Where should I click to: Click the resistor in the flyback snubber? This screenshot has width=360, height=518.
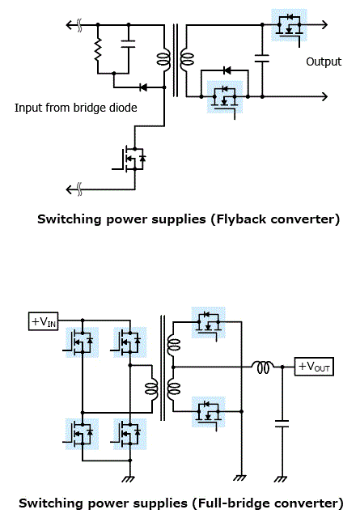(x=98, y=49)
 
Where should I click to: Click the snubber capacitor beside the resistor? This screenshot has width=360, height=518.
(x=128, y=45)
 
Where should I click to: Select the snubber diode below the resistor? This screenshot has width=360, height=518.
(x=143, y=87)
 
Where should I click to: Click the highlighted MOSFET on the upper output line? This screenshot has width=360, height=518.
(x=290, y=25)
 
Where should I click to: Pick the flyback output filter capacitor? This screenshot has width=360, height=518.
(x=262, y=59)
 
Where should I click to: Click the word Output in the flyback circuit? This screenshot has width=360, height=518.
(x=324, y=62)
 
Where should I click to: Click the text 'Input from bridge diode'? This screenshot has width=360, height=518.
(x=75, y=108)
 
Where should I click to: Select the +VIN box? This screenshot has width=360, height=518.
(x=43, y=321)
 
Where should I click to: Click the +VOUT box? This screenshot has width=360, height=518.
(x=314, y=367)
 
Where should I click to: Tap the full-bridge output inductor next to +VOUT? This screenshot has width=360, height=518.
(x=263, y=367)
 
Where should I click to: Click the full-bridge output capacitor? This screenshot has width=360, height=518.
(x=282, y=424)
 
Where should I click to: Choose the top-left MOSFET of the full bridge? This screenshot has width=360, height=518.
(x=82, y=342)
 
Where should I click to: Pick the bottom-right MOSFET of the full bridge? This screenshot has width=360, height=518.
(x=129, y=434)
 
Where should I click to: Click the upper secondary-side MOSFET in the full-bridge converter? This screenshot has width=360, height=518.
(x=209, y=322)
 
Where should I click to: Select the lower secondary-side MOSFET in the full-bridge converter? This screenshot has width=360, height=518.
(x=209, y=412)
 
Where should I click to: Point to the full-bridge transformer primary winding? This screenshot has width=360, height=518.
(x=151, y=388)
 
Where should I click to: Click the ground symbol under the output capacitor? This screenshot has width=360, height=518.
(x=281, y=479)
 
